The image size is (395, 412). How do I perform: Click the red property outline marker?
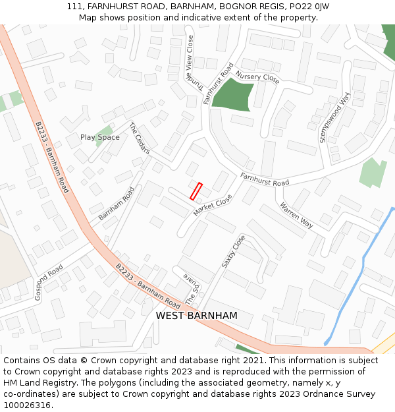coord(196,191)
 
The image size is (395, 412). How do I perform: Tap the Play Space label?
coord(100,137)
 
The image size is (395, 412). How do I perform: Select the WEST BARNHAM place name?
coord(196,316)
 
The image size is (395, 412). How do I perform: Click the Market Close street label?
coord(213,205)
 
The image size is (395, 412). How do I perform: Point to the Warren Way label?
coord(296,215)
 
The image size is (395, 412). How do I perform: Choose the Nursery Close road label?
coord(257,78)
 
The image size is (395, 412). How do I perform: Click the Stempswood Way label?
coord(334,117)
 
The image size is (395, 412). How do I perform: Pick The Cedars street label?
coord(140,138)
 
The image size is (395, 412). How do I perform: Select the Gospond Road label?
coord(49,282)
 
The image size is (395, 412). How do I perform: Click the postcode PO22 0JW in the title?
coord(307,6)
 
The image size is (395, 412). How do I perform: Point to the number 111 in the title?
coord(74,6)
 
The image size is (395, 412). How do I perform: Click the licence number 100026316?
coord(27,405)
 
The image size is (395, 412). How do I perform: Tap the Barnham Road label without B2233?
coord(117,204)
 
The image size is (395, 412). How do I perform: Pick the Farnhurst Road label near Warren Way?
coord(265,179)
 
